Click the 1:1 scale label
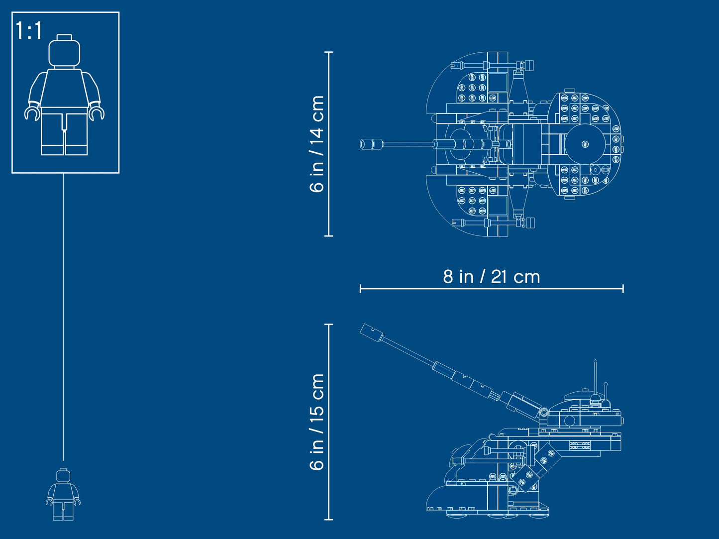tap(29, 31)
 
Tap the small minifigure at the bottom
tap(63, 494)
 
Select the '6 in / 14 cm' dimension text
tap(317, 144)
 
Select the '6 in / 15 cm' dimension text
tap(317, 422)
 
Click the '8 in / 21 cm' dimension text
tap(491, 277)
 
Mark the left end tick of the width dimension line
tap(360, 288)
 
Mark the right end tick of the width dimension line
tap(623, 288)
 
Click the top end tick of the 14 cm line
tap(328, 52)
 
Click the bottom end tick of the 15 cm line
tap(328, 520)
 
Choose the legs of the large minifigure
tap(64, 132)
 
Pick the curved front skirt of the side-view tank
tap(438, 498)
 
